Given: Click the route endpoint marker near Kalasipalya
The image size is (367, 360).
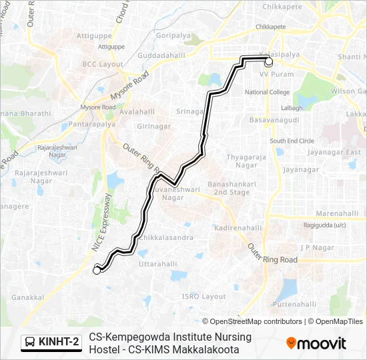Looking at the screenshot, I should click(x=269, y=62).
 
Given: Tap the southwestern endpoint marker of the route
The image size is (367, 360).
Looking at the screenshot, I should click(x=97, y=270).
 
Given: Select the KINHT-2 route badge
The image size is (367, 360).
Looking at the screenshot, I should click(x=51, y=342).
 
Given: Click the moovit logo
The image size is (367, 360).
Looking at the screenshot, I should click(x=316, y=343).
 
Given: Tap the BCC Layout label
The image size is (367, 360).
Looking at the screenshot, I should click(x=99, y=63).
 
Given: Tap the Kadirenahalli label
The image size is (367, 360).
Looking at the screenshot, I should click(x=238, y=228).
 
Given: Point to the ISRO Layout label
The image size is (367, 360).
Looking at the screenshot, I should click(x=204, y=296).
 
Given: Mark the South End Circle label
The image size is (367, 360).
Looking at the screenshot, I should click(x=292, y=141).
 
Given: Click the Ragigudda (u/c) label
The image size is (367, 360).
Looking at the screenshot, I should click(x=324, y=225).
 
